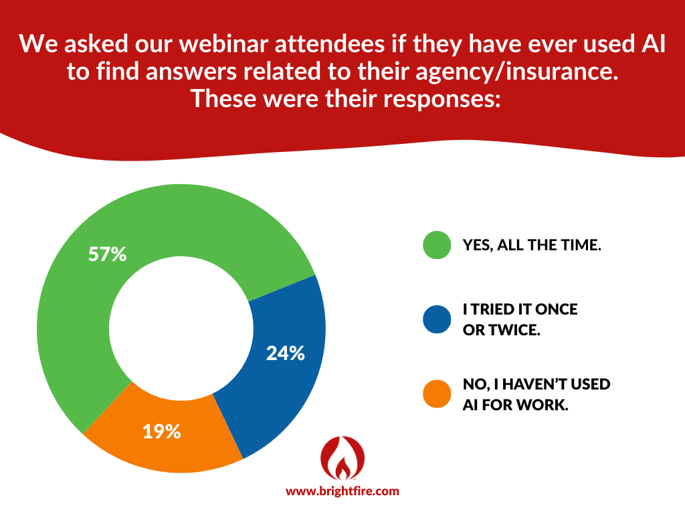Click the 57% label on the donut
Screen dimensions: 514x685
click(108, 254)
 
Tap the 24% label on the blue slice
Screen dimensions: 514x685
click(285, 353)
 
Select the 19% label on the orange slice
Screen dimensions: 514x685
click(161, 432)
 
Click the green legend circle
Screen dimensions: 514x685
click(437, 245)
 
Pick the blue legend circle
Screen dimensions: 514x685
click(437, 320)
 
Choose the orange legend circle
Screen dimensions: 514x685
click(437, 394)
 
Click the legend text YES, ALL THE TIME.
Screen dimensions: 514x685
click(532, 246)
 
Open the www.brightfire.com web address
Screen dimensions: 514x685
click(342, 491)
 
